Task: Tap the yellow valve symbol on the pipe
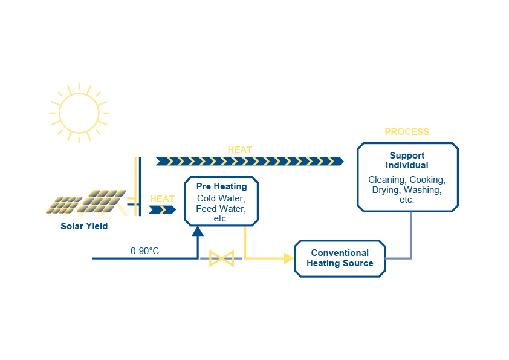coord(221,259)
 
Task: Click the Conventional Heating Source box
coord(340,258)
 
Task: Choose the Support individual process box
coord(407,177)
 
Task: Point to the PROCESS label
coord(407,132)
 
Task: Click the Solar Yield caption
coord(84,226)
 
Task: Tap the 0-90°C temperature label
coord(145,250)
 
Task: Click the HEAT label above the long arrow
coord(240,150)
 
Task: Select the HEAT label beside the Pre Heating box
coord(162,198)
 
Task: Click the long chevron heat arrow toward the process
coord(249,161)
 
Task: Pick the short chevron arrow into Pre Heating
coord(162,209)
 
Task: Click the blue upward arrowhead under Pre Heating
coord(198,231)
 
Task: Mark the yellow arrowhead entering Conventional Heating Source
coord(288,258)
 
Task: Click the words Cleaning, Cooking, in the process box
coord(407,180)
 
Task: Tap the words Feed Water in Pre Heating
coord(220,208)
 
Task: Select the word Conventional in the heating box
coord(340,253)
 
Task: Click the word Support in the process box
coord(407,155)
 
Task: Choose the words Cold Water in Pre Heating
coord(221,198)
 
